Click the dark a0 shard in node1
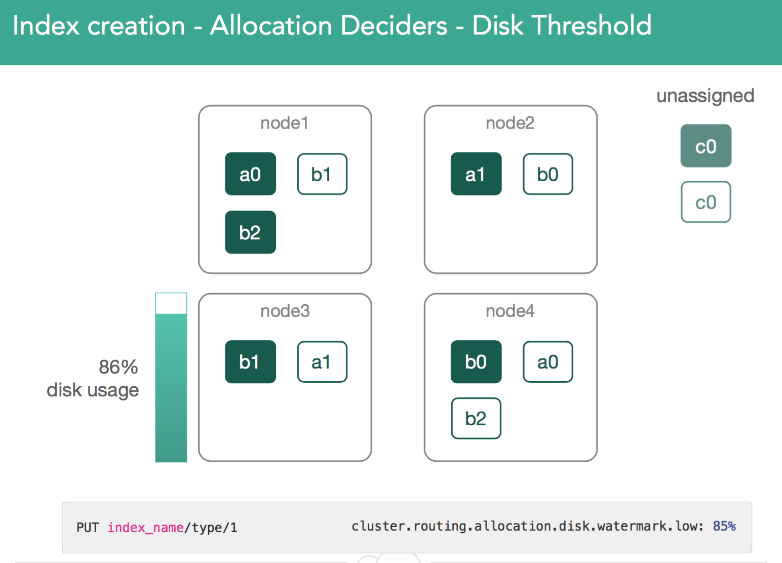(x=250, y=174)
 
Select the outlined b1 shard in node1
(x=322, y=174)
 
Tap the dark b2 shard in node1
(x=250, y=232)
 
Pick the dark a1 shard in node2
(x=476, y=174)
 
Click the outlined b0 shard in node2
(x=548, y=174)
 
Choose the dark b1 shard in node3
(x=250, y=361)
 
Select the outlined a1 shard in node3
(x=322, y=362)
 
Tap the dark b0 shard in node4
(x=476, y=361)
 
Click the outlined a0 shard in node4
(x=548, y=362)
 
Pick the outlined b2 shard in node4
(x=476, y=419)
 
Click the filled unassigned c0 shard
(x=706, y=145)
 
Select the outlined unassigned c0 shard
(x=706, y=202)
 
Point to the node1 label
(x=285, y=123)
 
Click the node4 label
(x=510, y=311)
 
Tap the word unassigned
(x=705, y=96)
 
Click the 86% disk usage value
(x=119, y=367)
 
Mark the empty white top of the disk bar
(x=171, y=303)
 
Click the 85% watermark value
(x=724, y=526)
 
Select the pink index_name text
(x=145, y=528)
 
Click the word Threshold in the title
(x=562, y=25)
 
